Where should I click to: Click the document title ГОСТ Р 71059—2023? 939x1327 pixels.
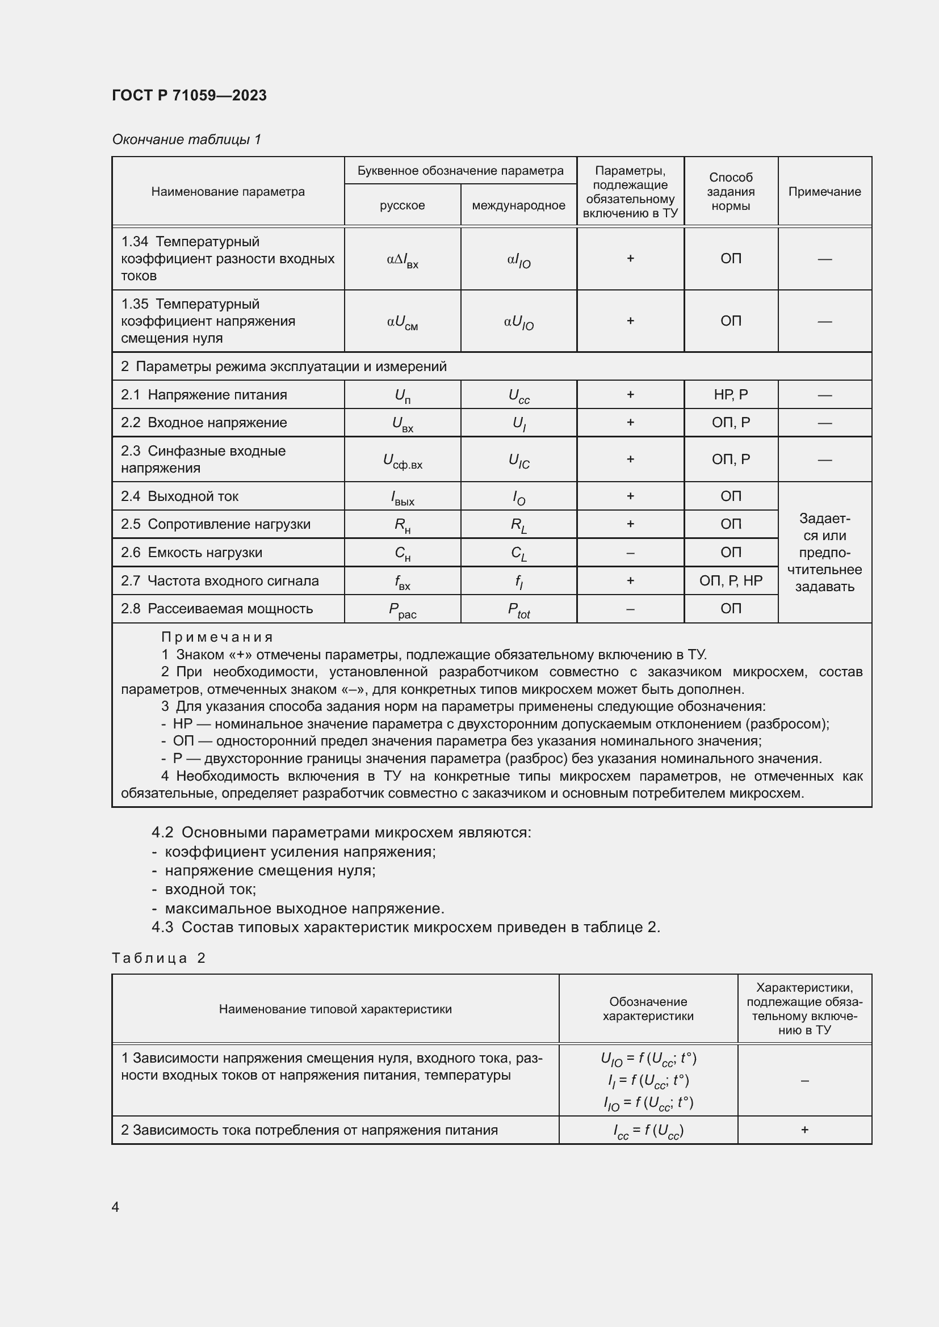point(189,95)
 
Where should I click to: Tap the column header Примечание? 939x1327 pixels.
point(824,191)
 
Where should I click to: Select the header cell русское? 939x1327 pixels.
point(402,205)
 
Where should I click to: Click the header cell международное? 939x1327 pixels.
point(518,205)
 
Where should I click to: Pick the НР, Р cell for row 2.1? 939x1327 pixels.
point(730,395)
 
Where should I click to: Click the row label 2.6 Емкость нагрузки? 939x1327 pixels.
point(191,553)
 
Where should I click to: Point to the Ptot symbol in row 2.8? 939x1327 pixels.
point(519,609)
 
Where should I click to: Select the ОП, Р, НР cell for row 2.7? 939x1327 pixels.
point(730,580)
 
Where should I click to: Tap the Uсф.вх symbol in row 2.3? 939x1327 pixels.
point(403,461)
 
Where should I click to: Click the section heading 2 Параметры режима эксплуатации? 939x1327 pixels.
point(283,366)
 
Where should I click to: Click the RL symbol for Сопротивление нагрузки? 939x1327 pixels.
point(519,525)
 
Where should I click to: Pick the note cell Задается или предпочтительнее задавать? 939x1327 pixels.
point(824,553)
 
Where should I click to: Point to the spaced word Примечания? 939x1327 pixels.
point(217,637)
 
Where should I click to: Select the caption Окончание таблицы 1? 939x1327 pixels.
point(186,140)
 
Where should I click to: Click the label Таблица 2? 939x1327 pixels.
point(158,958)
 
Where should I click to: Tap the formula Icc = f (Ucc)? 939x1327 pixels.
point(648,1131)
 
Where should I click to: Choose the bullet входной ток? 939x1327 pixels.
point(211,889)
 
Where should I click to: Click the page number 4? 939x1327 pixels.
point(116,1207)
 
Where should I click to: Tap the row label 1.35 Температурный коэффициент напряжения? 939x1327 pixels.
point(208,321)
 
